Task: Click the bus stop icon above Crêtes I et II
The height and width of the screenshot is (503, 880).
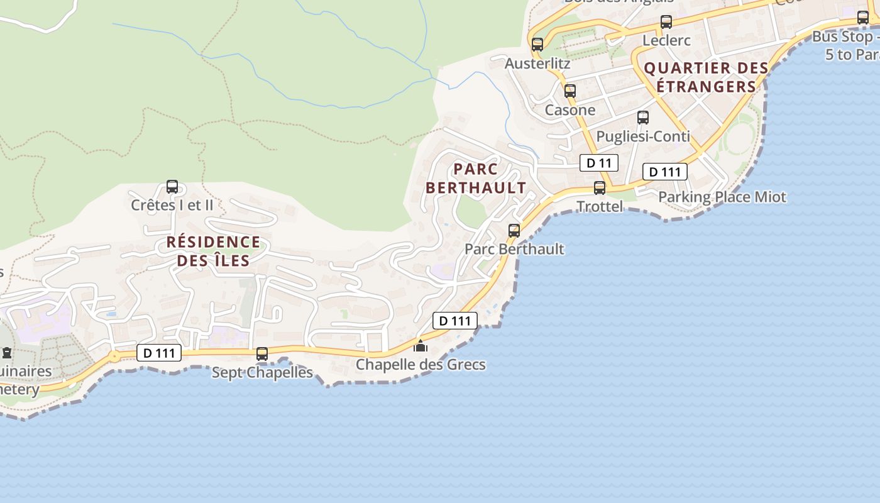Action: tap(172, 187)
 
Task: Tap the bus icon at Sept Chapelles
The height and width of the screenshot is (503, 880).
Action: tap(262, 354)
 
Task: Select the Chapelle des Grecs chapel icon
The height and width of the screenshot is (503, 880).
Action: tap(421, 346)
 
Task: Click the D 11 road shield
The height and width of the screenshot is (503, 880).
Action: tap(598, 163)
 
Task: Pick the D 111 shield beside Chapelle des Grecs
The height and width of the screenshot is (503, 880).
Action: tap(455, 321)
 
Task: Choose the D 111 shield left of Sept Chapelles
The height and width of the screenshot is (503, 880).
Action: tap(159, 353)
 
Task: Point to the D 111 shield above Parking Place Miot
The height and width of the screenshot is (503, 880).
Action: tap(664, 172)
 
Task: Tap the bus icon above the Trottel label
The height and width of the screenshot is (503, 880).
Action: tap(600, 188)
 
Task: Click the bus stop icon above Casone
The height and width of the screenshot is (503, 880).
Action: tap(570, 91)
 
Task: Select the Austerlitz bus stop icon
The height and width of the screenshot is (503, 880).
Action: tap(537, 45)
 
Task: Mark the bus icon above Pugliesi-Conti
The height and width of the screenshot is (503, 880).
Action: tap(643, 118)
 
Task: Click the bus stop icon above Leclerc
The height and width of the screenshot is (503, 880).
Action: tap(666, 23)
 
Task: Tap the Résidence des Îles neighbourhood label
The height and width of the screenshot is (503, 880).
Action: tap(213, 251)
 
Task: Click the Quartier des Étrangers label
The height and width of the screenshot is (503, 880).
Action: tap(707, 77)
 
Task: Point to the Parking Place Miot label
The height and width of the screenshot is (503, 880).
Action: tap(722, 197)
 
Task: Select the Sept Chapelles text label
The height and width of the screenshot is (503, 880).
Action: tap(262, 372)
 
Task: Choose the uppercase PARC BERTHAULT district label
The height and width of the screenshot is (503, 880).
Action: tap(476, 178)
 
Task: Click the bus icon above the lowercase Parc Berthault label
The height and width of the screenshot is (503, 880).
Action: tap(514, 231)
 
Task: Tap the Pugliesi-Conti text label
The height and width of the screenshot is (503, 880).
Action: tap(643, 136)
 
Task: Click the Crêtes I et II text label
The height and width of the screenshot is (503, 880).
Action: tap(172, 205)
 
